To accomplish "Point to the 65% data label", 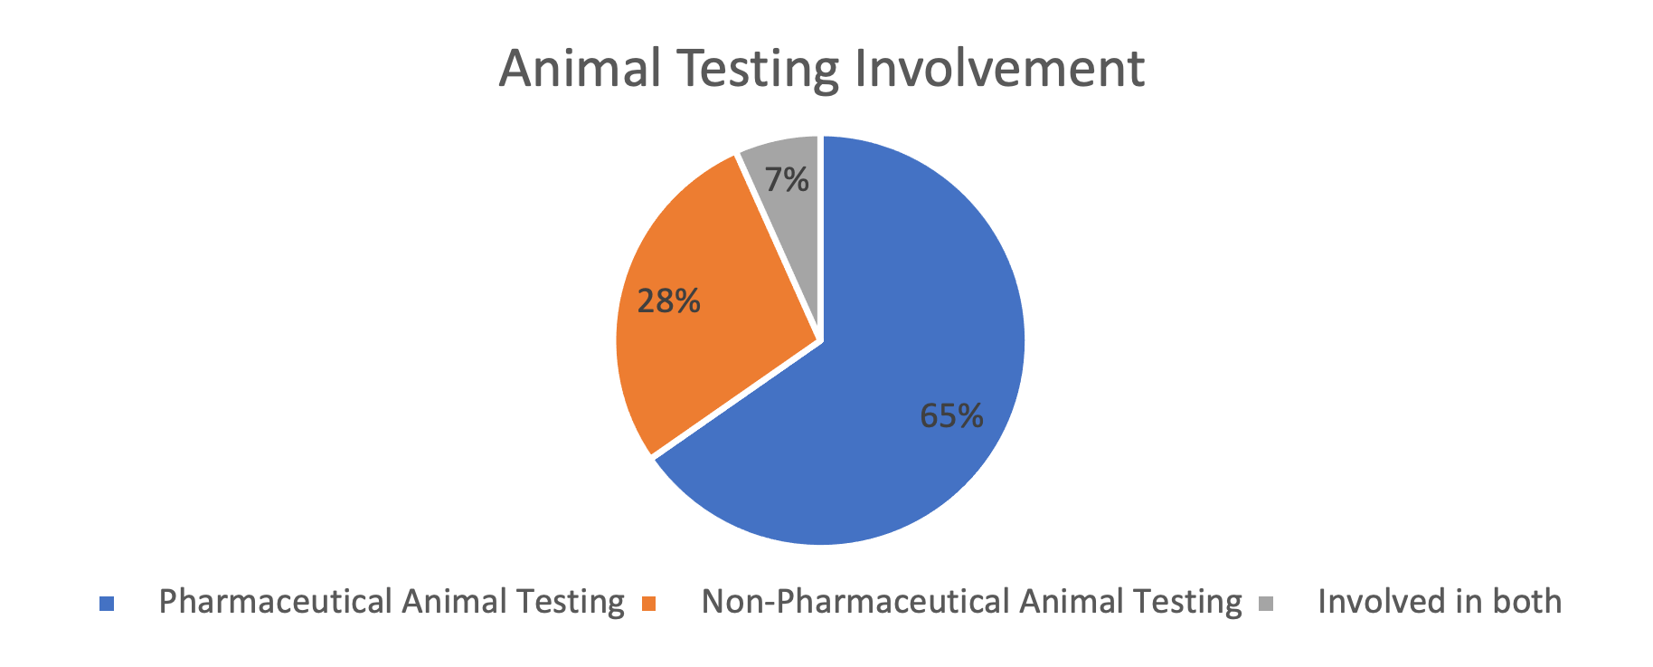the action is [x=951, y=415].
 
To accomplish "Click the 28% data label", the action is [x=669, y=300].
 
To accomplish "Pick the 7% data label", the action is [x=787, y=180].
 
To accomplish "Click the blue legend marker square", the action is [x=107, y=604].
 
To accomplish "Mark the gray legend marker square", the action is [x=1266, y=604].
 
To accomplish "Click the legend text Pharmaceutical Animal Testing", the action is [x=392, y=602].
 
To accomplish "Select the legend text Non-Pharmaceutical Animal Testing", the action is [x=972, y=602].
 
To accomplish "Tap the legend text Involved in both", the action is [x=1440, y=601].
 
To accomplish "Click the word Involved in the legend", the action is [x=1381, y=601].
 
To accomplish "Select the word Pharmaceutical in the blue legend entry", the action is [x=276, y=601].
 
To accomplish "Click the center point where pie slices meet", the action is [x=820, y=341].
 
